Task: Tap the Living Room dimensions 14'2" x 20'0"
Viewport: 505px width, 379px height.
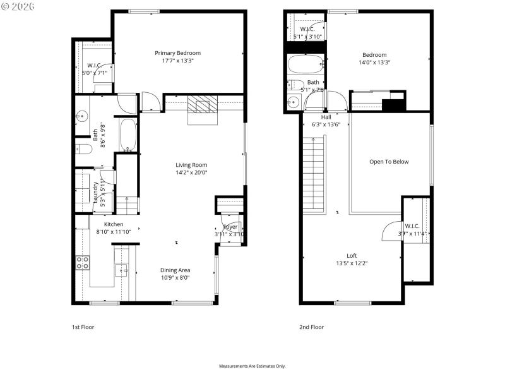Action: pos(191,172)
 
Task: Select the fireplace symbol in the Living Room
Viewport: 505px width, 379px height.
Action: pos(202,105)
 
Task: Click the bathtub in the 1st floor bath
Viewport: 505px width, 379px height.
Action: pos(128,135)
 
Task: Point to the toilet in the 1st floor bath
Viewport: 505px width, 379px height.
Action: pos(85,149)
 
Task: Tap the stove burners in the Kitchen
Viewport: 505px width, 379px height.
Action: pos(82,262)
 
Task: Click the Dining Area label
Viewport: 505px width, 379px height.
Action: pos(175,270)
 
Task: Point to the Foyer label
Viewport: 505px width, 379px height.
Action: pos(230,227)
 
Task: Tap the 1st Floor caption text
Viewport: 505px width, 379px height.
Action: pos(83,327)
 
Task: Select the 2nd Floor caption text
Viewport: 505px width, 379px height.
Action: pos(311,327)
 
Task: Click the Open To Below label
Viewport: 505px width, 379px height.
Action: pos(389,162)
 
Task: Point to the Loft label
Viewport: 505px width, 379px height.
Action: pos(352,256)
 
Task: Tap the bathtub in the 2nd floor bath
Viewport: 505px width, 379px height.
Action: pos(306,64)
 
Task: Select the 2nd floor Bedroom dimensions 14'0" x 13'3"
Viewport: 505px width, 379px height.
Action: pos(374,63)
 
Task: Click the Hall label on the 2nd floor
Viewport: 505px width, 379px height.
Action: pos(326,117)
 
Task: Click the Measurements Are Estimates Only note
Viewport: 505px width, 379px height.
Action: pos(252,366)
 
